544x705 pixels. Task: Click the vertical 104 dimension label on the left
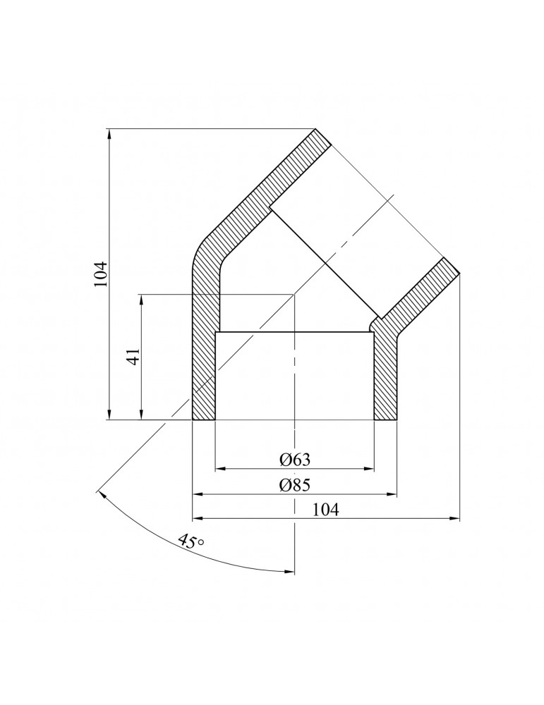pos(102,274)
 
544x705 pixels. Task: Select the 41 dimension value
pos(133,357)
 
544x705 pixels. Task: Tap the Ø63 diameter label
pos(295,460)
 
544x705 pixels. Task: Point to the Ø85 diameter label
pos(295,485)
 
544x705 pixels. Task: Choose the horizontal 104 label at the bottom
pos(325,510)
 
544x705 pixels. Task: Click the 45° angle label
pos(191,541)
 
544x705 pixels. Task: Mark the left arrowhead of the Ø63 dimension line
pos(220,469)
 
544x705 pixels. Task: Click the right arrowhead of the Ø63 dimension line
pos(370,469)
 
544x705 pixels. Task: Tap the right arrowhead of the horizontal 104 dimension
pos(455,519)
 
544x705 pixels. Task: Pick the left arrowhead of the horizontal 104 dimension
pos(198,519)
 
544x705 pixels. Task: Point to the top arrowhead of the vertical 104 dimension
pos(109,134)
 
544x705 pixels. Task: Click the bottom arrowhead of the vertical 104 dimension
pos(109,415)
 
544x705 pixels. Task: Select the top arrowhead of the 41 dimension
pos(141,300)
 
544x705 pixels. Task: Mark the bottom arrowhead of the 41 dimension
pos(141,415)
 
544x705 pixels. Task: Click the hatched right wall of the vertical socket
pos(385,373)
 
